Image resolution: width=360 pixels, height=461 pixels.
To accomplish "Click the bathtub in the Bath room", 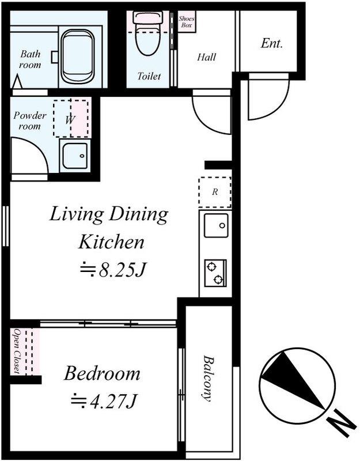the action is (x=78, y=56).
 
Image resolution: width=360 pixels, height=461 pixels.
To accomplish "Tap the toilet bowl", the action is (x=148, y=33).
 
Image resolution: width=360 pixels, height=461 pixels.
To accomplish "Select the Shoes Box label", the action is (x=186, y=22).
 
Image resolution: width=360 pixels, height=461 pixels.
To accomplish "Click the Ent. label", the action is (x=271, y=44).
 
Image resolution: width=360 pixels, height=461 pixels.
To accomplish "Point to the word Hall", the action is (x=206, y=56).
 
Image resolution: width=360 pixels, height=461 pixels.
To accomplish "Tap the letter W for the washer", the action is (x=70, y=119).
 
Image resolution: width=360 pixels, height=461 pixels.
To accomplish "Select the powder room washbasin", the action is (x=75, y=156).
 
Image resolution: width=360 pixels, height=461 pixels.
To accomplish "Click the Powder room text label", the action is (x=30, y=120).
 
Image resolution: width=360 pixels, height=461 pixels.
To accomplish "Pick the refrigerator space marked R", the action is (x=215, y=192).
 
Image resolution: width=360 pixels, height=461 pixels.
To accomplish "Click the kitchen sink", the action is (x=216, y=225).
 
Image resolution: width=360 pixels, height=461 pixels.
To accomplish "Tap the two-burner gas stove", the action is (x=215, y=273).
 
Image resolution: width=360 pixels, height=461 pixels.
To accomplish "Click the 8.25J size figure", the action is (x=113, y=269).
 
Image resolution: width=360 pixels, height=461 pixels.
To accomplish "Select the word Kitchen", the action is (x=111, y=242).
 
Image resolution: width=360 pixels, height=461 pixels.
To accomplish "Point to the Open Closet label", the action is (x=17, y=352).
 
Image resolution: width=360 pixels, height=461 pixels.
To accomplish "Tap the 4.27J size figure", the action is (x=104, y=400).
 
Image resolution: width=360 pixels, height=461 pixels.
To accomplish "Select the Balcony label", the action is (x=207, y=379).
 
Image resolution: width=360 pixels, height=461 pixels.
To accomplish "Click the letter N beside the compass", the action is (x=342, y=423).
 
